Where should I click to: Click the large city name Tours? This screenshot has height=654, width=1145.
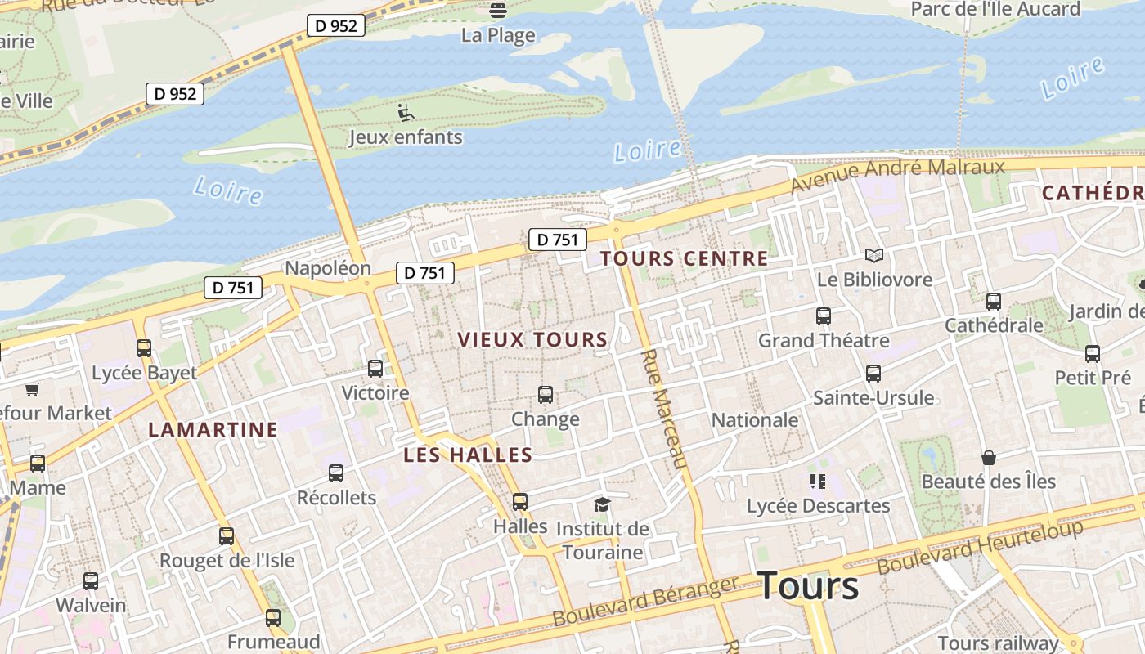pyautogui.click(x=808, y=586)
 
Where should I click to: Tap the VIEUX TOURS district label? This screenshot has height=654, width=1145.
pyautogui.click(x=532, y=339)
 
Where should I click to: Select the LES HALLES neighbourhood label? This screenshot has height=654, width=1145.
pyautogui.click(x=468, y=455)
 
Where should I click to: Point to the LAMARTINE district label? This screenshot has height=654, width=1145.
pyautogui.click(x=213, y=429)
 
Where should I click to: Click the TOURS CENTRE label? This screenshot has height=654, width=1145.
pyautogui.click(x=684, y=259)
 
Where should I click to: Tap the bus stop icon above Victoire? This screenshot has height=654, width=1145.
pyautogui.click(x=375, y=369)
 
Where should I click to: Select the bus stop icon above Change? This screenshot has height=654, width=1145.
pyautogui.click(x=546, y=395)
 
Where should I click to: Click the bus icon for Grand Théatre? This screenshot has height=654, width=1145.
pyautogui.click(x=824, y=316)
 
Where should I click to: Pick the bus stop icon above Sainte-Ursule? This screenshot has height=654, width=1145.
pyautogui.click(x=873, y=374)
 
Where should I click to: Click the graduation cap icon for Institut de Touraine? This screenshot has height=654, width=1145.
pyautogui.click(x=603, y=504)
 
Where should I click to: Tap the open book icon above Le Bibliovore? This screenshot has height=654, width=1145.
pyautogui.click(x=874, y=255)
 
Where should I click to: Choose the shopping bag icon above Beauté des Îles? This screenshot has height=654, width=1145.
pyautogui.click(x=989, y=457)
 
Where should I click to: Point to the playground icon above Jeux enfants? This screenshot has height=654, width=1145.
pyautogui.click(x=406, y=112)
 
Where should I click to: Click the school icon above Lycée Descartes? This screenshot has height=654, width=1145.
pyautogui.click(x=817, y=482)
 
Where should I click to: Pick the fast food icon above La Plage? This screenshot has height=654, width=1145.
pyautogui.click(x=497, y=11)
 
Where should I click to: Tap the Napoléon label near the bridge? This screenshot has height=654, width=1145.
pyautogui.click(x=327, y=268)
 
